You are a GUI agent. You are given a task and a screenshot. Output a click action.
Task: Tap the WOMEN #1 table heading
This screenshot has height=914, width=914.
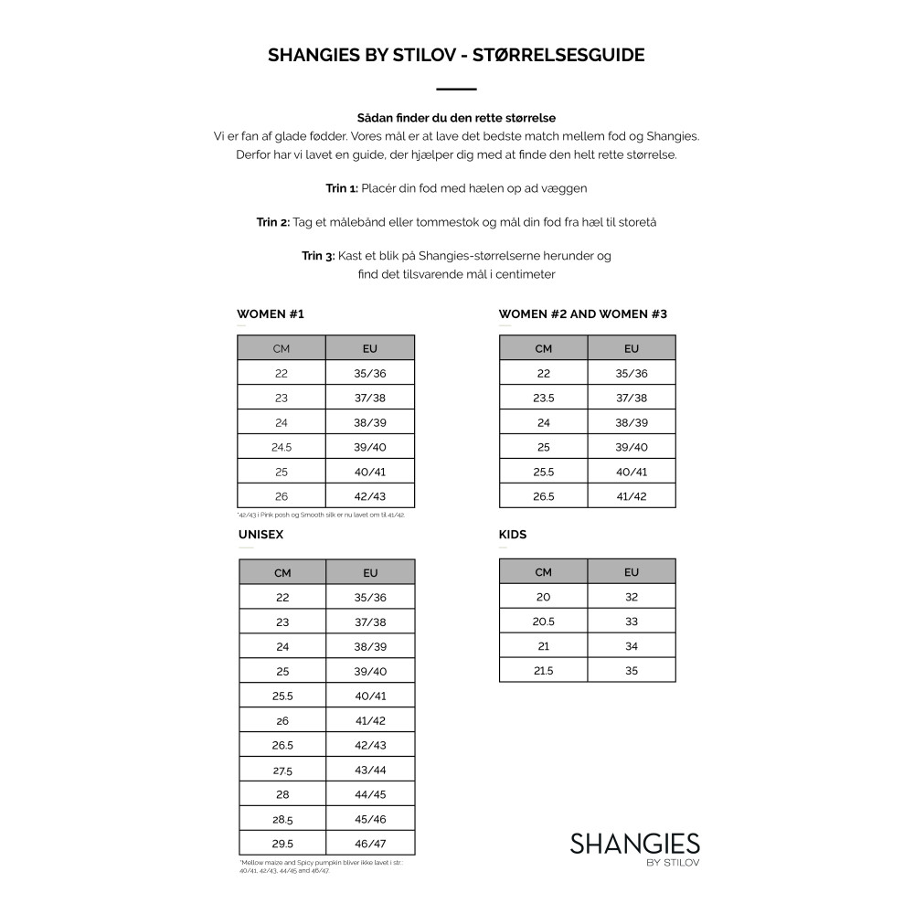click(x=271, y=314)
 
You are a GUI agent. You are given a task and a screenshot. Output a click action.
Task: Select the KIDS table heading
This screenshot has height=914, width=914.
click(x=513, y=535)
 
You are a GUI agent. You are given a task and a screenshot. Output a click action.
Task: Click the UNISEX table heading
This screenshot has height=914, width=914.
click(x=260, y=535)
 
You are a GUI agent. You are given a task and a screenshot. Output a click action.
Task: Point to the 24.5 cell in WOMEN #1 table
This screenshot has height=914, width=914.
click(x=282, y=447)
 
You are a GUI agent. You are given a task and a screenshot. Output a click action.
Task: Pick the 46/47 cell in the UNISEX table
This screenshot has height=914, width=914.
click(x=370, y=844)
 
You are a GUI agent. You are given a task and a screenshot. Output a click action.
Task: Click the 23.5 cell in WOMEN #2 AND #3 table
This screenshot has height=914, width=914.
click(x=544, y=398)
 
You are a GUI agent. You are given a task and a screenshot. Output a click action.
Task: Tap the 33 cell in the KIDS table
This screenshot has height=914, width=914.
click(x=632, y=622)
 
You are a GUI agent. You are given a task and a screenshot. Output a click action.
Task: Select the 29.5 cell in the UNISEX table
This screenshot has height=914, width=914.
click(x=282, y=844)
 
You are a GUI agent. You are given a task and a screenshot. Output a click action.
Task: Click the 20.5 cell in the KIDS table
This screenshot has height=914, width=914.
click(x=544, y=622)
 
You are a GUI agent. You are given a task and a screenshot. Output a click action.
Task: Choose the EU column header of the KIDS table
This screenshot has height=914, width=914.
click(x=632, y=572)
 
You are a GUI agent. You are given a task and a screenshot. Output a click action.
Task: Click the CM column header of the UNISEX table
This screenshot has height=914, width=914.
click(x=282, y=573)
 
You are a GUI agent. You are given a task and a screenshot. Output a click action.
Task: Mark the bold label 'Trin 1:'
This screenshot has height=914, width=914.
click(x=342, y=188)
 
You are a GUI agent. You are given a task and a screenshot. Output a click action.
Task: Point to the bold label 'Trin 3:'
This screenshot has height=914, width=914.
click(x=318, y=256)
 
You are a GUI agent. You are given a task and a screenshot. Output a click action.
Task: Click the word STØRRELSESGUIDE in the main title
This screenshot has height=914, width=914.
click(x=560, y=55)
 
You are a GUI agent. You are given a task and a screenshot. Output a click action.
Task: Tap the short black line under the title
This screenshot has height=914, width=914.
click(x=457, y=90)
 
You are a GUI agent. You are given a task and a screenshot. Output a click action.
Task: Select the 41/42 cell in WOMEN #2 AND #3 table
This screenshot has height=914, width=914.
click(x=632, y=496)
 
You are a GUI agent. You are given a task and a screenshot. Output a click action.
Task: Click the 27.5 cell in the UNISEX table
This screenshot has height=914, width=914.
click(x=282, y=770)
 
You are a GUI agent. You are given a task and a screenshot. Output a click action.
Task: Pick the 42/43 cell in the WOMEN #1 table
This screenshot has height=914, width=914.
click(x=370, y=496)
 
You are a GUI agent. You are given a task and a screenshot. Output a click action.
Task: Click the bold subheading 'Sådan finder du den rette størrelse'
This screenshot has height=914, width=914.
click(x=457, y=118)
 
